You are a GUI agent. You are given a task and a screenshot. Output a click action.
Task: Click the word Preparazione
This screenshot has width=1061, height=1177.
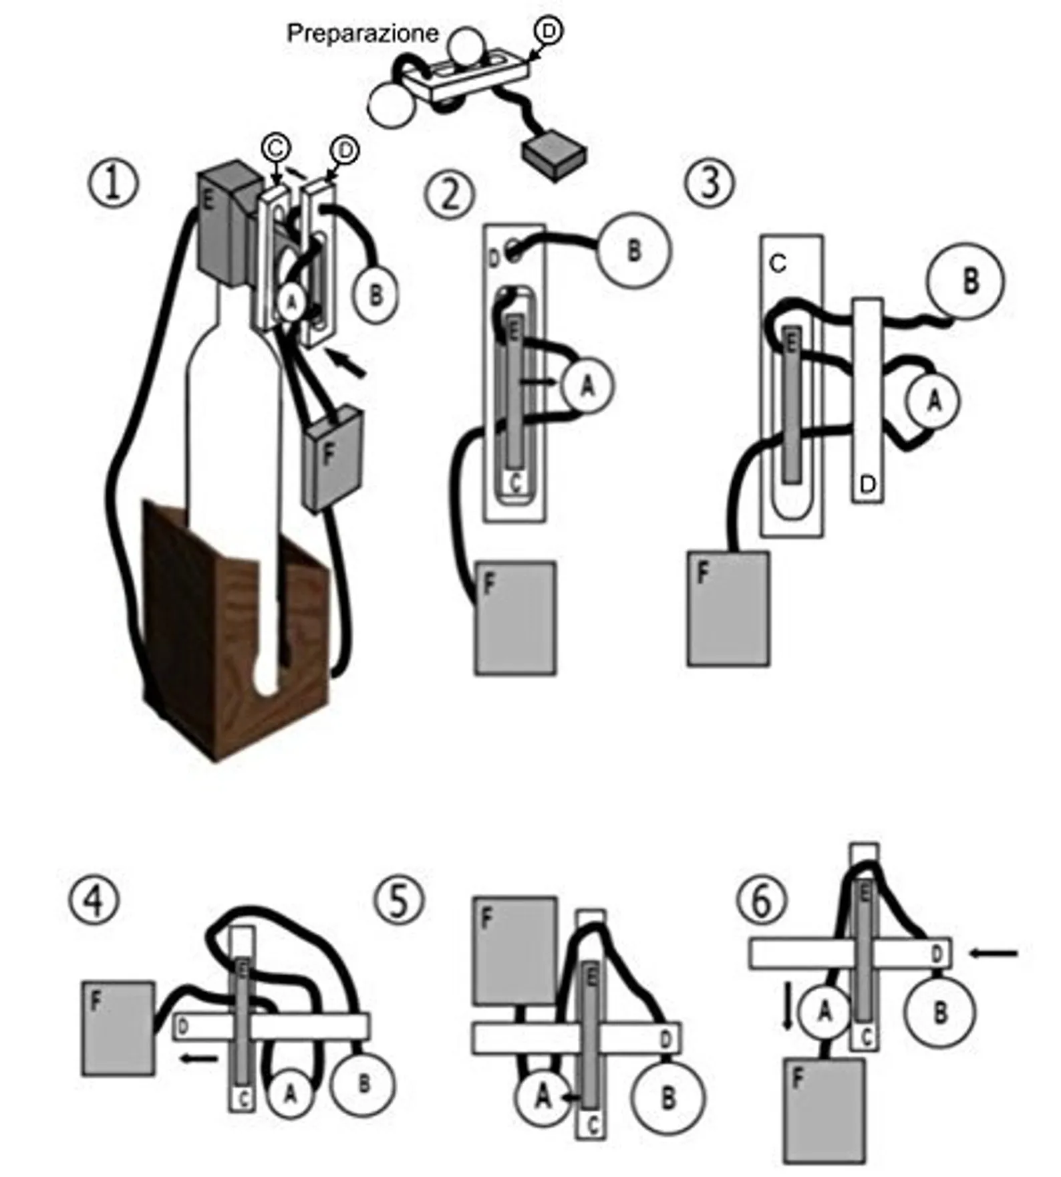point(362,33)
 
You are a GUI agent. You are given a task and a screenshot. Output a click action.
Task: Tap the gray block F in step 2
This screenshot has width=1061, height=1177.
point(515,618)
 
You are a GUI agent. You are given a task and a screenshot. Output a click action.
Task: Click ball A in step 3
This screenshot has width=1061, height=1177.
point(933,400)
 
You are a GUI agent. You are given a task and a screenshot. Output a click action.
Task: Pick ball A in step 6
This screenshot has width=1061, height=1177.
point(824,1013)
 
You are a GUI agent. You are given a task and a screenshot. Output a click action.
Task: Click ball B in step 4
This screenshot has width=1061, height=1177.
point(363,1083)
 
